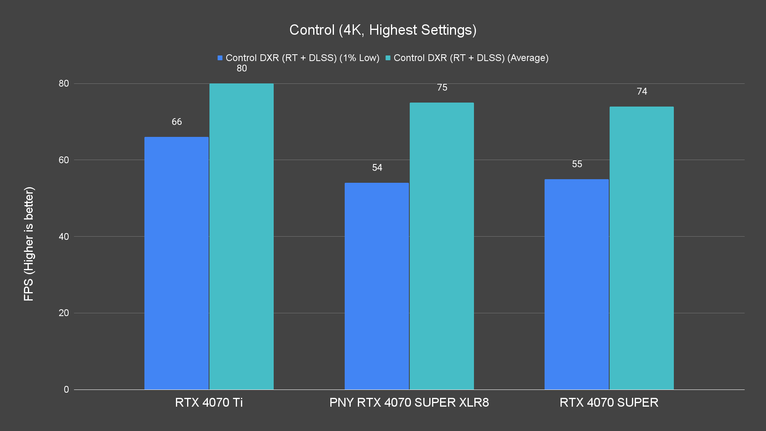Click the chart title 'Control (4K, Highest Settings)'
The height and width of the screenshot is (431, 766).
(383, 30)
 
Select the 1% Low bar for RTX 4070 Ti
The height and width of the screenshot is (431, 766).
(176, 263)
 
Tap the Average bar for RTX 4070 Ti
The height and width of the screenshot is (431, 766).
(241, 236)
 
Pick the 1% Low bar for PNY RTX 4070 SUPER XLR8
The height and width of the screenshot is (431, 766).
(377, 286)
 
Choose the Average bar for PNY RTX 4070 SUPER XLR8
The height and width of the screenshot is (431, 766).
(442, 246)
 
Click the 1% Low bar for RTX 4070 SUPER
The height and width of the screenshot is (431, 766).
(576, 284)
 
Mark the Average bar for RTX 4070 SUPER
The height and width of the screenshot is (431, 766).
(642, 248)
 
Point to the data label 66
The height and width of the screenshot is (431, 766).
(177, 122)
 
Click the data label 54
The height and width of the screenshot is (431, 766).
(377, 168)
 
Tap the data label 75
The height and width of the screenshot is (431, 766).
(442, 87)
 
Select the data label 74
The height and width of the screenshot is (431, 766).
(642, 91)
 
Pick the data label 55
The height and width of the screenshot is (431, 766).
(577, 164)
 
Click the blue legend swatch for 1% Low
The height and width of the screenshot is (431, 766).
(220, 58)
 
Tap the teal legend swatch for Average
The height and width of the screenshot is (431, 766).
(388, 58)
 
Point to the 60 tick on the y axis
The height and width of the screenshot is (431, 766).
(64, 160)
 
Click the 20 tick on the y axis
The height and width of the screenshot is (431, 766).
(64, 313)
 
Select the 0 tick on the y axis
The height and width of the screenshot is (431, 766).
(66, 389)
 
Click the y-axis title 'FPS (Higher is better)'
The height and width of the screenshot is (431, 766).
(29, 243)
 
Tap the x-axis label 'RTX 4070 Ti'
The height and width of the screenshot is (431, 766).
(209, 402)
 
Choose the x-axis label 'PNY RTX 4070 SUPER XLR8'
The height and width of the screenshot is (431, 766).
(409, 402)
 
